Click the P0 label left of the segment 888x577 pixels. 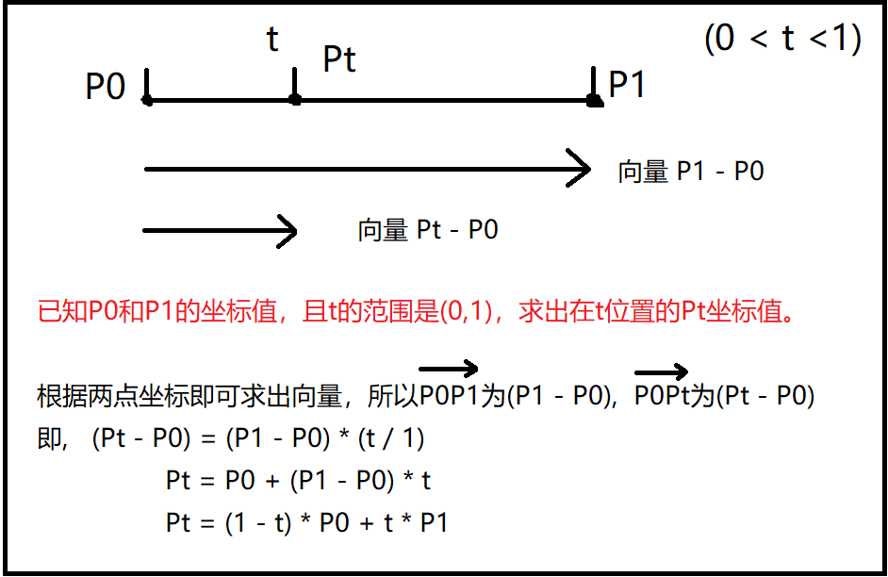pyautogui.click(x=105, y=88)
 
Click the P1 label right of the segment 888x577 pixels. pyautogui.click(x=627, y=85)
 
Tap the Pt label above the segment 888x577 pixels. pyautogui.click(x=339, y=59)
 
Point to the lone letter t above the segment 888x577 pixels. pyautogui.click(x=273, y=41)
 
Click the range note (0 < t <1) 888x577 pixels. pyautogui.click(x=782, y=40)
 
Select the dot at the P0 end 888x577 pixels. pyautogui.click(x=147, y=98)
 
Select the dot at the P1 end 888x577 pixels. pyautogui.click(x=594, y=99)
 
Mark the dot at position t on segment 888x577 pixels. pyautogui.click(x=295, y=98)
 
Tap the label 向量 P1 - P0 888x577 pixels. pyautogui.click(x=690, y=172)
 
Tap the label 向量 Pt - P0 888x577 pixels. pyautogui.click(x=428, y=230)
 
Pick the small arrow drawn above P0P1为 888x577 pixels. pyautogui.click(x=449, y=370)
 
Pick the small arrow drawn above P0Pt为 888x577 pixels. pyautogui.click(x=662, y=371)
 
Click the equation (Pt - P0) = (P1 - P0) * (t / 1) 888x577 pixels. pyautogui.click(x=258, y=438)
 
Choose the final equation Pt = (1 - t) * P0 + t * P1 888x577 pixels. pyautogui.click(x=306, y=522)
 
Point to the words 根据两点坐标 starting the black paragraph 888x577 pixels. pyautogui.click(x=94, y=396)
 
